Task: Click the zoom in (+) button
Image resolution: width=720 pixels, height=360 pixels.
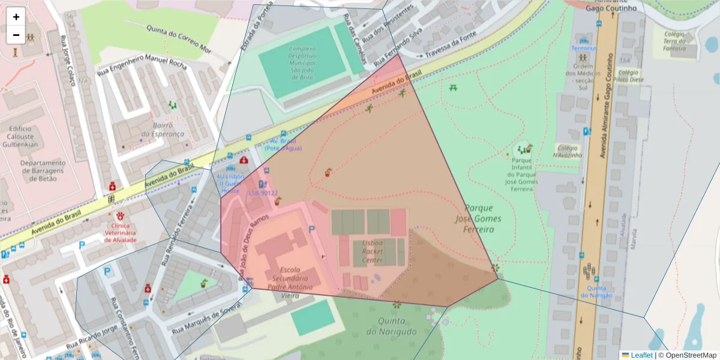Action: click(x=16, y=17)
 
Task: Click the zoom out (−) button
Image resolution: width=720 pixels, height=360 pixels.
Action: click(x=16, y=35)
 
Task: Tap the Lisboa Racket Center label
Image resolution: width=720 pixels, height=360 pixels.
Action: click(x=372, y=252)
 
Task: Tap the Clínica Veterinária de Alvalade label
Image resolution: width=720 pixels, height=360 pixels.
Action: click(x=121, y=232)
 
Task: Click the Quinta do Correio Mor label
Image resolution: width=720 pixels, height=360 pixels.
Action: click(x=179, y=39)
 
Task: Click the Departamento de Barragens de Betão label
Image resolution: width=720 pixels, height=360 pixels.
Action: click(x=43, y=170)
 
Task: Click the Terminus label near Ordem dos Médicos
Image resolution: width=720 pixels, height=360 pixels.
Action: click(x=584, y=48)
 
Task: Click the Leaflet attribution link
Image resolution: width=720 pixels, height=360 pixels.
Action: click(x=641, y=355)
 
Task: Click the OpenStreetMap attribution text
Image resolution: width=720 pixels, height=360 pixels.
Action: click(x=687, y=355)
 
